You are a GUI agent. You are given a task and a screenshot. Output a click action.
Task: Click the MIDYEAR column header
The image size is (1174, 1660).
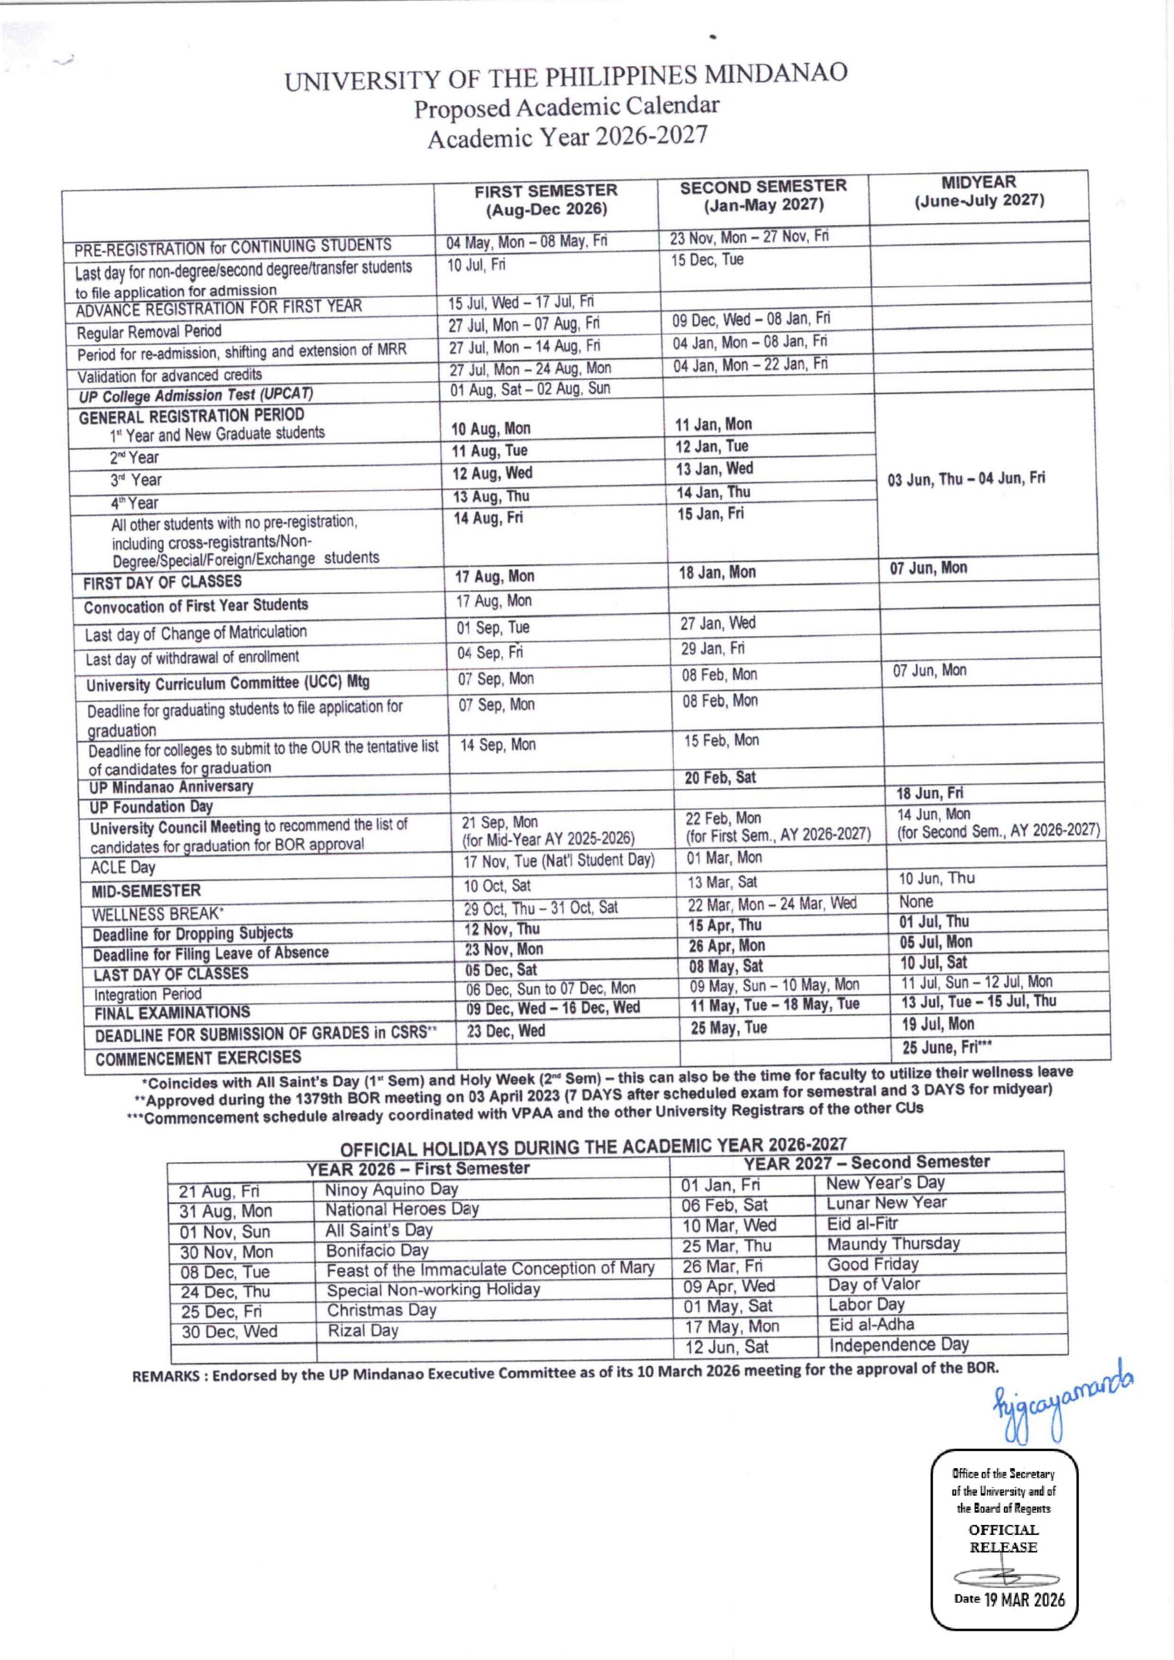(x=979, y=191)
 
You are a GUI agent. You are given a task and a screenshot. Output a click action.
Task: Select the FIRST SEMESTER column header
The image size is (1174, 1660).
(x=546, y=200)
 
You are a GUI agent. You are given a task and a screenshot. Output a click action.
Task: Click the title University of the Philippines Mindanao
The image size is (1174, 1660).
(x=565, y=77)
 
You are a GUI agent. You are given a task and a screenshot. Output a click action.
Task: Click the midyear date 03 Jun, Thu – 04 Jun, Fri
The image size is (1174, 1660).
(x=966, y=479)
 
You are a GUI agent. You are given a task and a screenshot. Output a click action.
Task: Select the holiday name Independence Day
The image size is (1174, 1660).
(x=898, y=1345)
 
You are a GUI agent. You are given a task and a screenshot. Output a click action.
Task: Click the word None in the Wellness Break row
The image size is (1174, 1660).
(x=915, y=901)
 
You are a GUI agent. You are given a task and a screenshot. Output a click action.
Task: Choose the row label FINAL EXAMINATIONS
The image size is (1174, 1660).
(x=172, y=1013)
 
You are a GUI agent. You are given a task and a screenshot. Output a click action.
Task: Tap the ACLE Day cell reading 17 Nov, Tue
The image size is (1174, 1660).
(x=559, y=860)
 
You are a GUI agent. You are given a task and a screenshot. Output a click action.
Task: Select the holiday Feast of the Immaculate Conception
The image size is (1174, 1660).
(x=490, y=1269)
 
